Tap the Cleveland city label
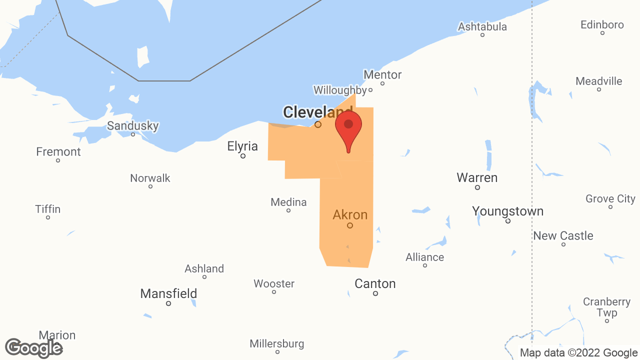click(x=317, y=112)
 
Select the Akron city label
click(x=350, y=215)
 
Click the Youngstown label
click(x=507, y=211)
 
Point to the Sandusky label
click(x=133, y=125)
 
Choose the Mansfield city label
click(x=168, y=293)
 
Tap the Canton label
click(x=375, y=283)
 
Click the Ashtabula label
click(x=482, y=26)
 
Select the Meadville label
click(x=599, y=81)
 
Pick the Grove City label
click(x=610, y=198)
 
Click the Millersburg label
click(x=277, y=343)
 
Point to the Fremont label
click(x=58, y=151)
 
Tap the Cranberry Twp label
click(x=606, y=307)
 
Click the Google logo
click(x=33, y=348)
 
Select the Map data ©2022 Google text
click(x=578, y=353)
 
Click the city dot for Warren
click(x=477, y=187)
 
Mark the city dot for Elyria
click(x=243, y=156)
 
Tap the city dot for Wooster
click(x=274, y=292)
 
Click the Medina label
click(x=288, y=202)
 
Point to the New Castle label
click(x=563, y=235)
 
